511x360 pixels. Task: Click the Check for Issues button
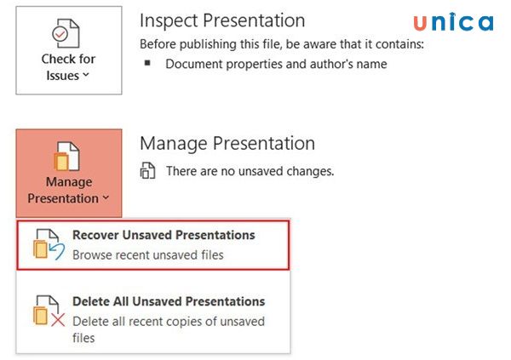point(68,51)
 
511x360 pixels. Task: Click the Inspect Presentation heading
point(222,20)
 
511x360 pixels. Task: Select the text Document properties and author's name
point(276,64)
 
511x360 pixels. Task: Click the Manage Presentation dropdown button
point(68,172)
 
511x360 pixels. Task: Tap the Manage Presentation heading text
point(227,143)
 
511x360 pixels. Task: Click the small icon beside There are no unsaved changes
point(148,171)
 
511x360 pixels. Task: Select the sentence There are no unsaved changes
point(250,171)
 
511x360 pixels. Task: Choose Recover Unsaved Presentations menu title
point(164,235)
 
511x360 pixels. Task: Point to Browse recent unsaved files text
point(148,254)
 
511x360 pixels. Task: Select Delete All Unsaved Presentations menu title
point(169,301)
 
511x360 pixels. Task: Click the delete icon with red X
point(48,311)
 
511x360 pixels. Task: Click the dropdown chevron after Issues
point(86,77)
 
